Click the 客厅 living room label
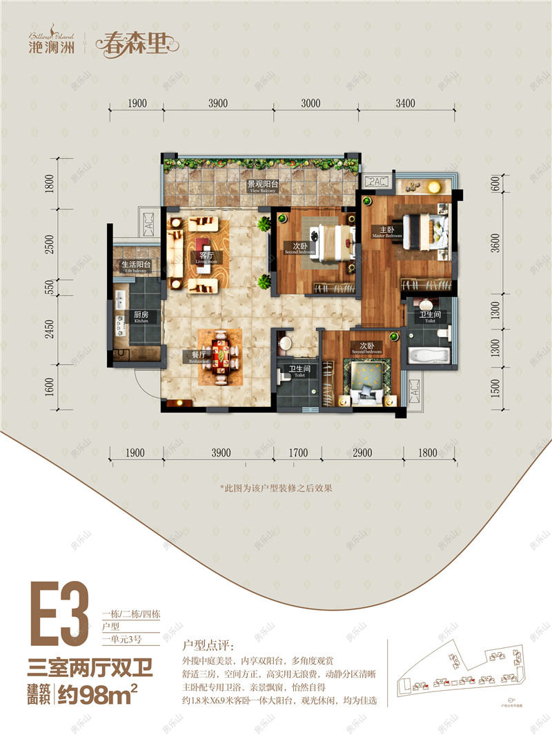202,256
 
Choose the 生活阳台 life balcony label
136,265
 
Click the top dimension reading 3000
310,104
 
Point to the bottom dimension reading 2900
362,453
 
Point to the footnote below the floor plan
276,487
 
